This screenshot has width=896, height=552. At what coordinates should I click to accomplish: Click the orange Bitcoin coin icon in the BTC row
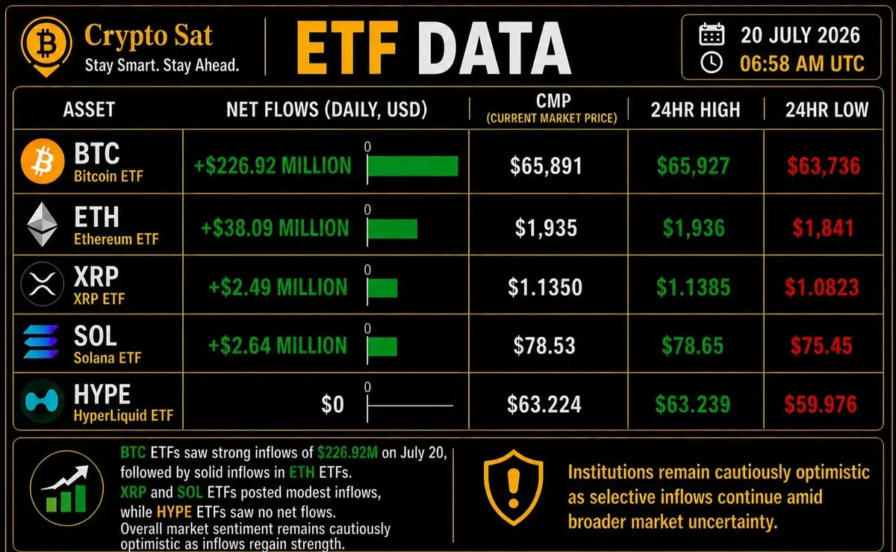point(43,161)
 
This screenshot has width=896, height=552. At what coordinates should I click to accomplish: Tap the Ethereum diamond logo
point(42,224)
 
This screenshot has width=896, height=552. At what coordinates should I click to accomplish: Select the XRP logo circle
point(43,284)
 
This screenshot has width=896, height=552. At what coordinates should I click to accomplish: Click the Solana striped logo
point(41,342)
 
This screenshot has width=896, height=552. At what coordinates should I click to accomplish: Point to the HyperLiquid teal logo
point(42,401)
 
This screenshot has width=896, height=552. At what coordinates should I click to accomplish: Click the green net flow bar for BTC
point(413,166)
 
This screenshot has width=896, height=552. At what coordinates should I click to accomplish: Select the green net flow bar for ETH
point(393,229)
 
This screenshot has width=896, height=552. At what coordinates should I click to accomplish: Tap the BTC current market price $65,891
point(546,166)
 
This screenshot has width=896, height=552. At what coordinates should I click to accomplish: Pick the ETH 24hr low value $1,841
point(823,228)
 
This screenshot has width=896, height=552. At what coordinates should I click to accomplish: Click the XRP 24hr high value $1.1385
point(693,287)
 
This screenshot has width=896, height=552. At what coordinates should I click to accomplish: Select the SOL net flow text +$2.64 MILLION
point(278,345)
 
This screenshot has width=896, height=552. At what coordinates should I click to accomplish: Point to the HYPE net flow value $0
point(332,404)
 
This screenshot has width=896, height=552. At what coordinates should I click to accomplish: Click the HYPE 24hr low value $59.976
point(821,404)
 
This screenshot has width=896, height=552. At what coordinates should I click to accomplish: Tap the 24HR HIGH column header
point(696,110)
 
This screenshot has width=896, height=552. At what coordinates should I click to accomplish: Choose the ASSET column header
point(89,109)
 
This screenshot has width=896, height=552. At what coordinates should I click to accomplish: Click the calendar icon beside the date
point(712,34)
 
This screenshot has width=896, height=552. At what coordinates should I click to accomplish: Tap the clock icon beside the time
point(712,63)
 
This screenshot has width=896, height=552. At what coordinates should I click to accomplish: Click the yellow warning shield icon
point(514,488)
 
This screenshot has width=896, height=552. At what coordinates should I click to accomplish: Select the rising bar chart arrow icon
point(66,489)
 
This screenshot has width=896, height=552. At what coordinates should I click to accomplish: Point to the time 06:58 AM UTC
point(802,63)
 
